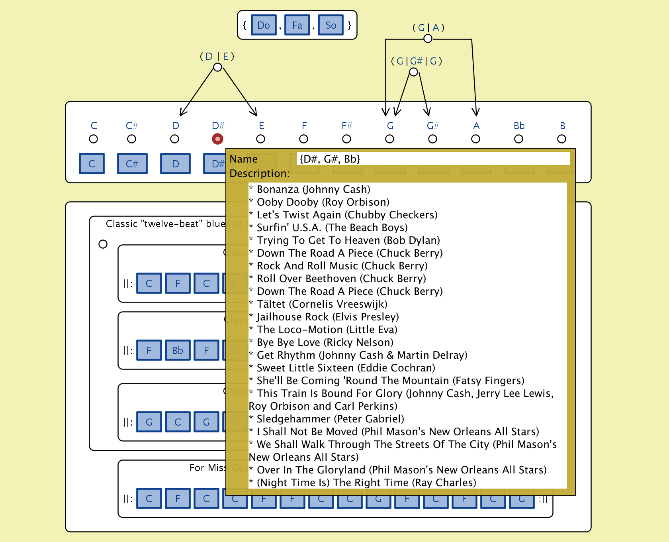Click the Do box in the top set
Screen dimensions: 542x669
[264, 25]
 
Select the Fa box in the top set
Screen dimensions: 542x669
[297, 25]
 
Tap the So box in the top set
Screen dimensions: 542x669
[331, 25]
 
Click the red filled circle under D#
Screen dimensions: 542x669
[217, 139]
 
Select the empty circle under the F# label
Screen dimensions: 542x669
[346, 139]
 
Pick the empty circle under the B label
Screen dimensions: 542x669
[561, 139]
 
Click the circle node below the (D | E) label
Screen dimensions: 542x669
[217, 67]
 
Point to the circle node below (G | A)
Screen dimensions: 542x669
[428, 39]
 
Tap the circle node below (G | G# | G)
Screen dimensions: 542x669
[414, 72]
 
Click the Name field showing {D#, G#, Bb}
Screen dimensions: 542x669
[433, 159]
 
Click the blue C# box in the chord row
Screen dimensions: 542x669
[132, 164]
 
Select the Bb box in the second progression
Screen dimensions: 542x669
[178, 350]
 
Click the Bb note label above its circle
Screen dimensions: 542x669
[519, 126]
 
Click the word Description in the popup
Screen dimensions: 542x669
[259, 174]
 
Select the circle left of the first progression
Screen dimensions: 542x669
[103, 244]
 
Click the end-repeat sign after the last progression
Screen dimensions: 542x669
[544, 499]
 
